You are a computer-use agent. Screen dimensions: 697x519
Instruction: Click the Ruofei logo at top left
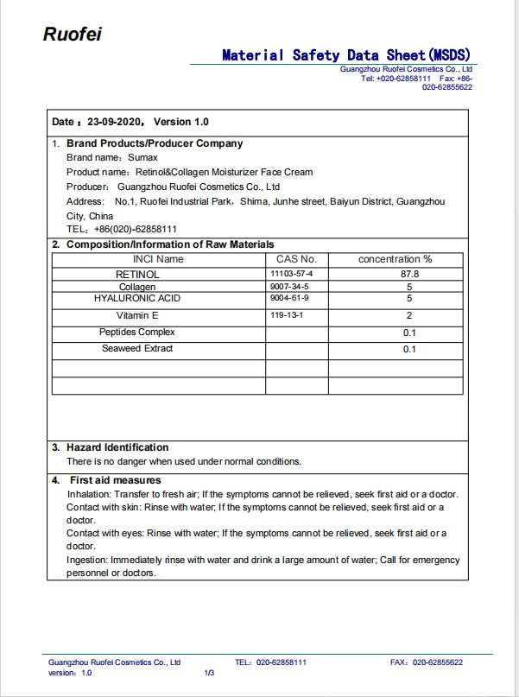pos(73,34)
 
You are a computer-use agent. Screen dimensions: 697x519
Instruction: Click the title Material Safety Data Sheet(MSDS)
pos(346,54)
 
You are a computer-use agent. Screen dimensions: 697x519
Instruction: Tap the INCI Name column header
pos(158,259)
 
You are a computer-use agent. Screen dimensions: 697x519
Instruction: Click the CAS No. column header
pos(296,259)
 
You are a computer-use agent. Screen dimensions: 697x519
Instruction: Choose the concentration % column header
pos(395,259)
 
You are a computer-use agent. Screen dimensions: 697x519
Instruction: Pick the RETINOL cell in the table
pos(137,274)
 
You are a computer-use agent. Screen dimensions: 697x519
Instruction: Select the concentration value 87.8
pos(409,274)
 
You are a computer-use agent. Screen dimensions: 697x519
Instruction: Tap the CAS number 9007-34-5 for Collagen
pos(288,286)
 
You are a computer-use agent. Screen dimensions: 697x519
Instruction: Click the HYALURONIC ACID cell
pos(137,298)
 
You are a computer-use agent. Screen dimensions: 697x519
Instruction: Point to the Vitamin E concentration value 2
pos(409,316)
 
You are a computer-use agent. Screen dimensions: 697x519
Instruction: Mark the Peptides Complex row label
pos(137,333)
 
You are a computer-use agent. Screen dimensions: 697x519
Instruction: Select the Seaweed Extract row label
pos(137,349)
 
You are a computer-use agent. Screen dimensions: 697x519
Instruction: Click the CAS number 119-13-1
pos(287,316)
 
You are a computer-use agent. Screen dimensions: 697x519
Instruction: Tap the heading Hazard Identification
pos(117,447)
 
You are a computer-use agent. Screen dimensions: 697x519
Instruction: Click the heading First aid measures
pos(116,480)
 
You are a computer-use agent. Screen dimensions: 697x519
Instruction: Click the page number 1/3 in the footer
pos(209,672)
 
